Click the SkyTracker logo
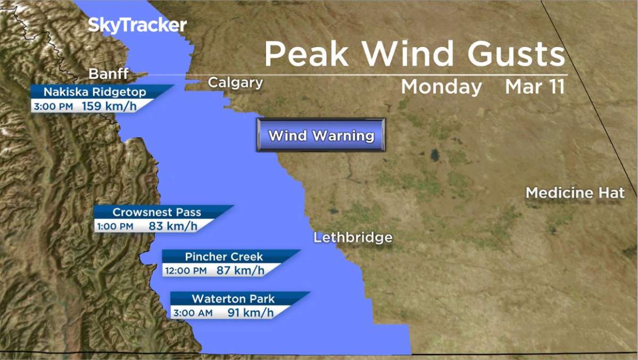137,25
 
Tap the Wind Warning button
321,135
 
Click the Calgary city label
235,82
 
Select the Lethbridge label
353,237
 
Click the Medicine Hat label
575,192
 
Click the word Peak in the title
306,54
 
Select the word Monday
441,87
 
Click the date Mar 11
535,87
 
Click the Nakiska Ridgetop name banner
95,92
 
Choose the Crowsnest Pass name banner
157,212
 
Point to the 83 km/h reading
173,226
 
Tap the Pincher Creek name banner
224,256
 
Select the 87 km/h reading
240,270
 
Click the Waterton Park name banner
233,298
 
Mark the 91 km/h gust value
250,313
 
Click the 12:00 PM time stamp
186,271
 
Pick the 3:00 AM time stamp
192,313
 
